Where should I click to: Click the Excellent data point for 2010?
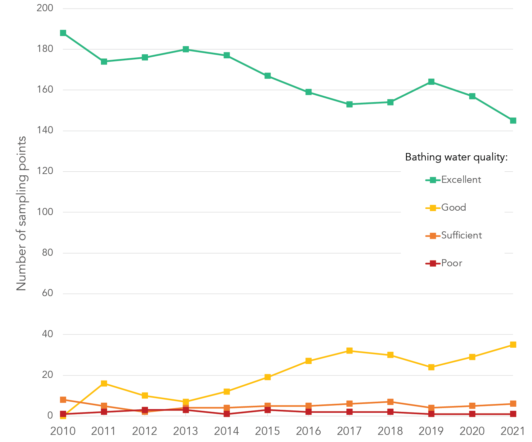tap(63, 33)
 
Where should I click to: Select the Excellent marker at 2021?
tap(513, 121)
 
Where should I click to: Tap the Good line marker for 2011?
tap(104, 383)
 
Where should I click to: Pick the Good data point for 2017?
tap(349, 351)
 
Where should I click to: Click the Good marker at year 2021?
tap(513, 345)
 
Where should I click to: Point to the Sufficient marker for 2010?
tap(63, 400)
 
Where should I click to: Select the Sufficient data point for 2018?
tap(390, 402)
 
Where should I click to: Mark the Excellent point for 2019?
tap(431, 82)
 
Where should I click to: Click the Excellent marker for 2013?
tap(186, 49)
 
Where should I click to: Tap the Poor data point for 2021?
tap(513, 414)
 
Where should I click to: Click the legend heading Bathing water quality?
tap(456, 157)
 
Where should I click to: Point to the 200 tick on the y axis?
tap(45, 8)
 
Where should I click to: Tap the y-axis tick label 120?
tap(45, 171)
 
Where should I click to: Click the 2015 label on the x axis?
tap(268, 431)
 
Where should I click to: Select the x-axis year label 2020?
tap(472, 431)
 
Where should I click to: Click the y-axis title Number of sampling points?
tap(21, 213)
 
